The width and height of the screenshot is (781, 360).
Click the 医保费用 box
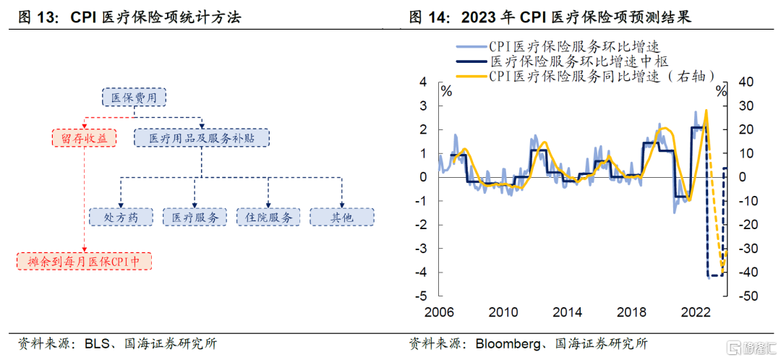[134, 97]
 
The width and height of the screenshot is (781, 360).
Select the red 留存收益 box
[85, 137]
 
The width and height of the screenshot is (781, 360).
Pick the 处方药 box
[120, 216]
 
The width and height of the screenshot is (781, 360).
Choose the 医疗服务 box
[195, 216]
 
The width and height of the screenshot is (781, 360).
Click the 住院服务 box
[268, 216]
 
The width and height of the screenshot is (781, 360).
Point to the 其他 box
[342, 216]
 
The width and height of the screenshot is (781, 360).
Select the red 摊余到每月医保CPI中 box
[85, 261]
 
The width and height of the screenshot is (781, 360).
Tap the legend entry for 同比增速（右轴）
[600, 75]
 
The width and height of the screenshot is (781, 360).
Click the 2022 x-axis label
[695, 312]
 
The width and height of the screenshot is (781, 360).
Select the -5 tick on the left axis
[423, 296]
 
